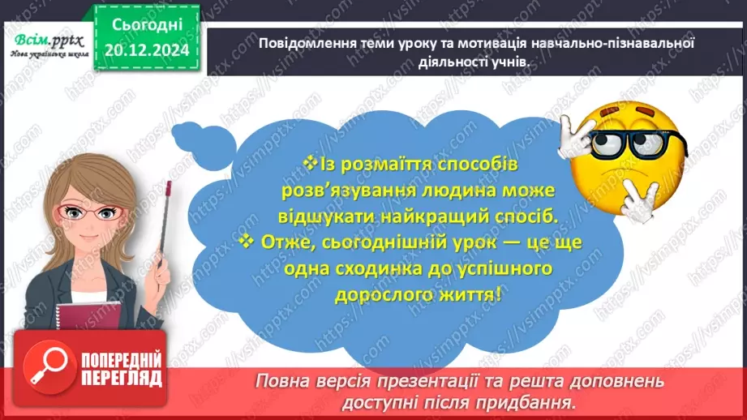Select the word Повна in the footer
(x=281, y=380)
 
